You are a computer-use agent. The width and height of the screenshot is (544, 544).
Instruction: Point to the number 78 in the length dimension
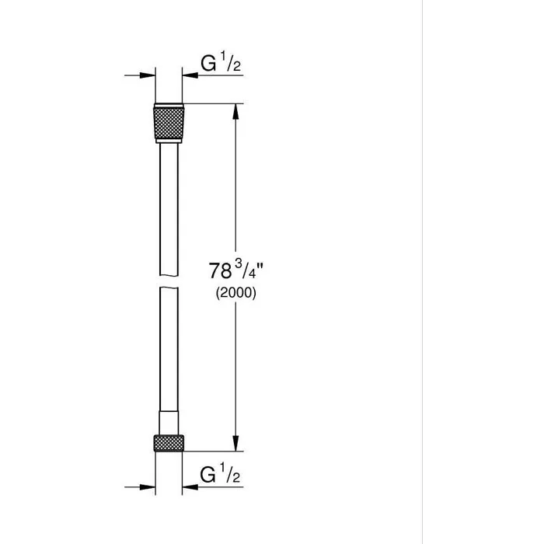click(x=221, y=271)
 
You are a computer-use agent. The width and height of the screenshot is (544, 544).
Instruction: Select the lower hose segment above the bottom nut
click(x=169, y=350)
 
